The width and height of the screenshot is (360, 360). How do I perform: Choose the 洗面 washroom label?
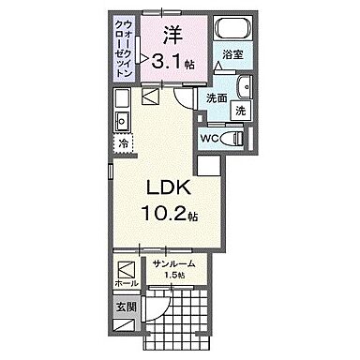point(217,97)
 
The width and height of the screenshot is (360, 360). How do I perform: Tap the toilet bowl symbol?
point(237,137)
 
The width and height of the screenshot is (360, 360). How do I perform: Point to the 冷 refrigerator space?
point(123,143)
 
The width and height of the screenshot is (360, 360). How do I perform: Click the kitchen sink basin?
point(121,122)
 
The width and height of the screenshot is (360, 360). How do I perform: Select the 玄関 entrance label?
point(126,307)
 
